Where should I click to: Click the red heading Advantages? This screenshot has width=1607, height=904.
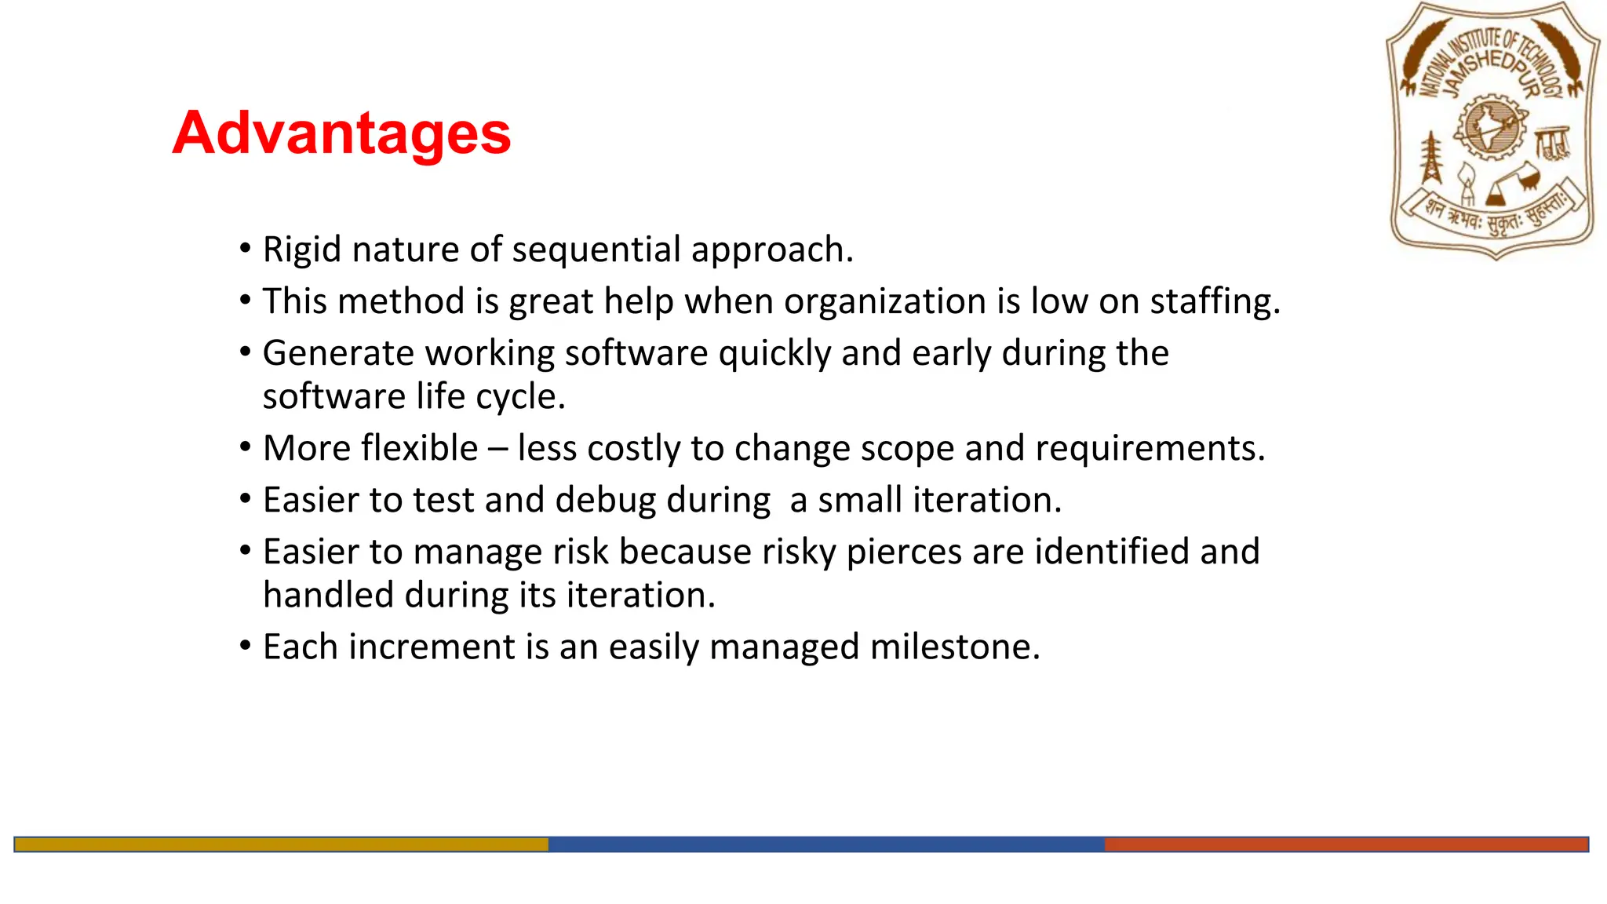(x=341, y=133)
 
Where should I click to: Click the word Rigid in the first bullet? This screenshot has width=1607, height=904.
(x=301, y=250)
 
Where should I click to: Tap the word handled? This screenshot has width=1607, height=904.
(x=328, y=595)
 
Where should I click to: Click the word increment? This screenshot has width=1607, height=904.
(x=432, y=647)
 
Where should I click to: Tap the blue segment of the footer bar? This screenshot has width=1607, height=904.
(x=825, y=844)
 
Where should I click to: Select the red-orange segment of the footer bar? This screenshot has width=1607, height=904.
(x=1346, y=844)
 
